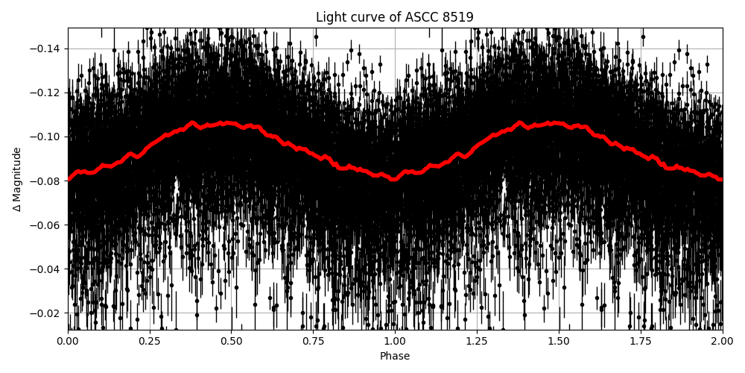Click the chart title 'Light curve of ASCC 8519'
(395, 17)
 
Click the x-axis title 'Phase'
(395, 357)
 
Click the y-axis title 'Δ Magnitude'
(16, 179)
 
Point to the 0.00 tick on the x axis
(68, 342)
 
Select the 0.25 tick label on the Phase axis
(150, 342)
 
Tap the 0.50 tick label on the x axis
(231, 342)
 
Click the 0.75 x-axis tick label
(313, 342)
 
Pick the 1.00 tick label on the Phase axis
(395, 342)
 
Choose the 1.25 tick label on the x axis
(477, 342)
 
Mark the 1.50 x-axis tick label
(559, 342)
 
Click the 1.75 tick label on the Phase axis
(641, 342)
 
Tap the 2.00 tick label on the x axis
(722, 342)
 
